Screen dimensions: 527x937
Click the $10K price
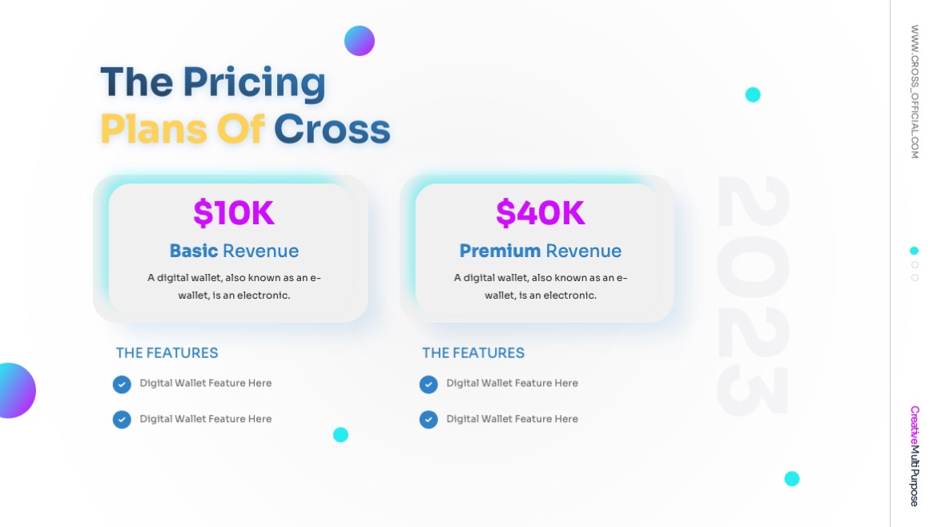pos(234,213)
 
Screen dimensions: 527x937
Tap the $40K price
pos(541,213)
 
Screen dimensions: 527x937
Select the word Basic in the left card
pos(194,251)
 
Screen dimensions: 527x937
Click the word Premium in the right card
pos(500,251)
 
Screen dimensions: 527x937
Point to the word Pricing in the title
pos(254,82)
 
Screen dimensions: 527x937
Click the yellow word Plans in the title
pos(153,129)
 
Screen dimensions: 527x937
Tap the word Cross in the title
pos(332,129)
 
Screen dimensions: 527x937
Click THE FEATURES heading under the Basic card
pos(167,352)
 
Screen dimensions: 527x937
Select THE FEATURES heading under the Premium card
pos(473,352)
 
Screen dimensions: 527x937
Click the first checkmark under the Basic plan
pos(122,384)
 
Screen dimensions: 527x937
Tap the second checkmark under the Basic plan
pos(122,420)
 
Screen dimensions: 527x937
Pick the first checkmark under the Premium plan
pos(428,384)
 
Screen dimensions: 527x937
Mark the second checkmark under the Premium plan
pos(428,420)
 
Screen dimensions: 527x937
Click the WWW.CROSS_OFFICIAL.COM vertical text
pos(915,91)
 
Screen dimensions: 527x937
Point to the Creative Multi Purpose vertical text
pos(915,456)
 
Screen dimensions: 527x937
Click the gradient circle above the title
pos(360,41)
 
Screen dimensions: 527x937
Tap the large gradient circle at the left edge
pos(14,391)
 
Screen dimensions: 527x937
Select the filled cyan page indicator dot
pos(915,251)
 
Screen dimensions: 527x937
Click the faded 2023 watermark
pos(753,296)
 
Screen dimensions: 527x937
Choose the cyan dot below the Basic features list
pos(340,435)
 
